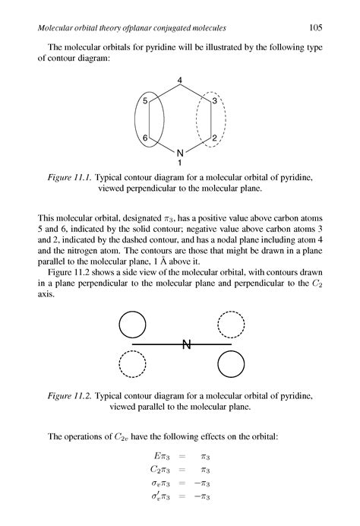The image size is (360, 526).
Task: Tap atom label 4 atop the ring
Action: click(x=180, y=81)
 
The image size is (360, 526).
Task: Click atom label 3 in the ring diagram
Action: click(x=215, y=100)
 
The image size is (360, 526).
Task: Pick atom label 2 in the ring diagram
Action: click(x=215, y=138)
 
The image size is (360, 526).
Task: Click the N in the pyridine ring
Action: click(x=180, y=153)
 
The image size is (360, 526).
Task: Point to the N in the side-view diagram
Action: click(x=185, y=346)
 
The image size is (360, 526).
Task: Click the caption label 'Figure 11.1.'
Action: click(x=70, y=176)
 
